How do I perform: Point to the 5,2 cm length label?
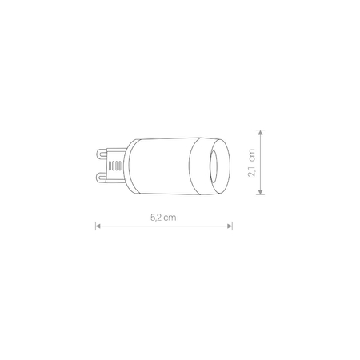tap(164, 216)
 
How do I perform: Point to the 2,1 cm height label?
tap(253, 161)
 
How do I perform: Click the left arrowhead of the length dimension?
tap(98, 226)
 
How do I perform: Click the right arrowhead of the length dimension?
tap(230, 226)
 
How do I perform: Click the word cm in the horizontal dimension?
tap(170, 216)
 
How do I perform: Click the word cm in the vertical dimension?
tap(253, 151)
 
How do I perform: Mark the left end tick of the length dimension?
tap(95, 226)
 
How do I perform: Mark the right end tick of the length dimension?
tap(233, 226)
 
